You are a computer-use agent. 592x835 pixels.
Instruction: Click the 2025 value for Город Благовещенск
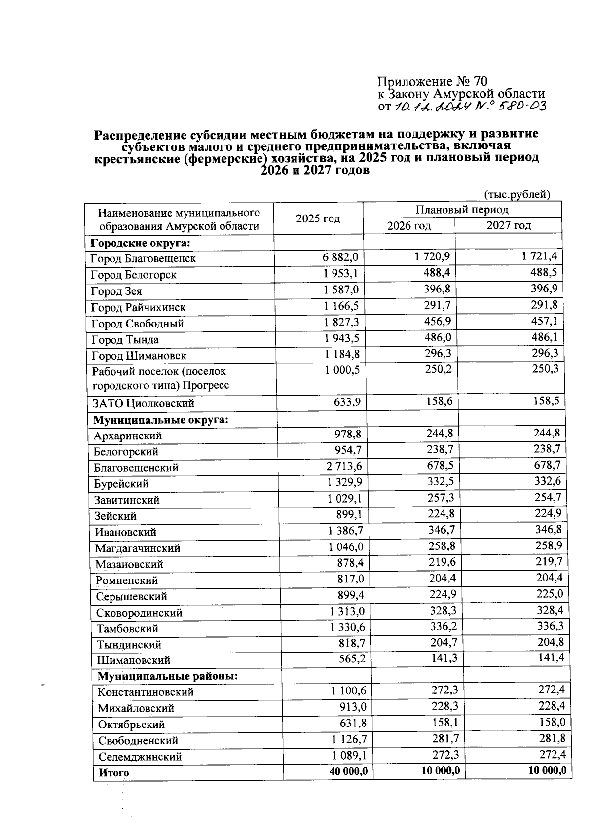coord(340,257)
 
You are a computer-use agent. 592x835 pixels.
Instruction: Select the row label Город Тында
coord(125,340)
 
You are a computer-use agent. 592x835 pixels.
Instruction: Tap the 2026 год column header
coord(408,226)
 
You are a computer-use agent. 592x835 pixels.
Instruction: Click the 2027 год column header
coord(509,225)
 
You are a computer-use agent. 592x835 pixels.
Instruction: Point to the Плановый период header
coord(462,210)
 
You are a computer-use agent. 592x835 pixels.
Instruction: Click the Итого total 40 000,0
coord(348,772)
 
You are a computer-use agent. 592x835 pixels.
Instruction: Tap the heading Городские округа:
coord(141,243)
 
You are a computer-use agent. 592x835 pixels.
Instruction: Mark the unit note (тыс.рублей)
coord(517,195)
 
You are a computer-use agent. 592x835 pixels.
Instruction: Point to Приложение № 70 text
coord(432,81)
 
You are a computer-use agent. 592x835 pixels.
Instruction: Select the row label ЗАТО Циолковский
coord(143,403)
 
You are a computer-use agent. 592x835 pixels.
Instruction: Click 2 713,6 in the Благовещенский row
coord(343,467)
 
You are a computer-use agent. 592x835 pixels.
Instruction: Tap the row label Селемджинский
coord(140,757)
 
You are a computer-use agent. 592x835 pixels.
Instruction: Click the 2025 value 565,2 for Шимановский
coord(351,659)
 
